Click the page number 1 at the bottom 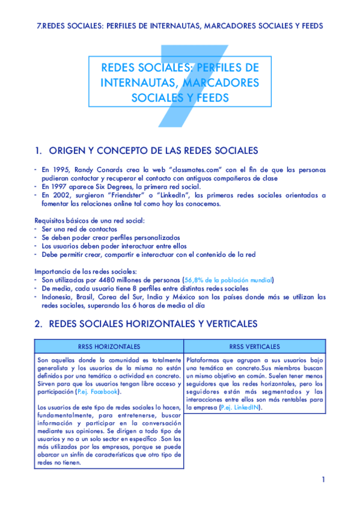(323, 479)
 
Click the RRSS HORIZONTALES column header (109, 347)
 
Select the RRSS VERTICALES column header (254, 347)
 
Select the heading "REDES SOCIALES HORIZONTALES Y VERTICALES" (153, 324)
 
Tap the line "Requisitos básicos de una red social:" (89, 221)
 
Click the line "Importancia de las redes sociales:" (85, 271)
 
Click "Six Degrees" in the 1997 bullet (123, 187)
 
